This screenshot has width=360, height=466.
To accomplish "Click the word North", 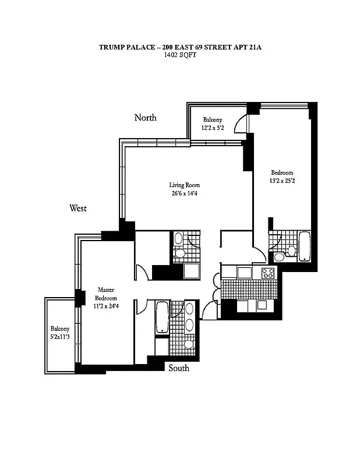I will (145, 118).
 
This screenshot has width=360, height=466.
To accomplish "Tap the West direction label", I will (78, 208).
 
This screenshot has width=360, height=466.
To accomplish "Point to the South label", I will (179, 368).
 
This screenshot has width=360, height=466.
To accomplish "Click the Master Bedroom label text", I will (105, 294).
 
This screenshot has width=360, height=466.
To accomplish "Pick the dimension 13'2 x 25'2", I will (282, 181).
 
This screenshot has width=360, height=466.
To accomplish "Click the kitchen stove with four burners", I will (268, 273).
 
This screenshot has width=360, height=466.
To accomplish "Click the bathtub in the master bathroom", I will (162, 317).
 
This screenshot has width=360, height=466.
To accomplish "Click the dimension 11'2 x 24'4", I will (105, 306).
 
